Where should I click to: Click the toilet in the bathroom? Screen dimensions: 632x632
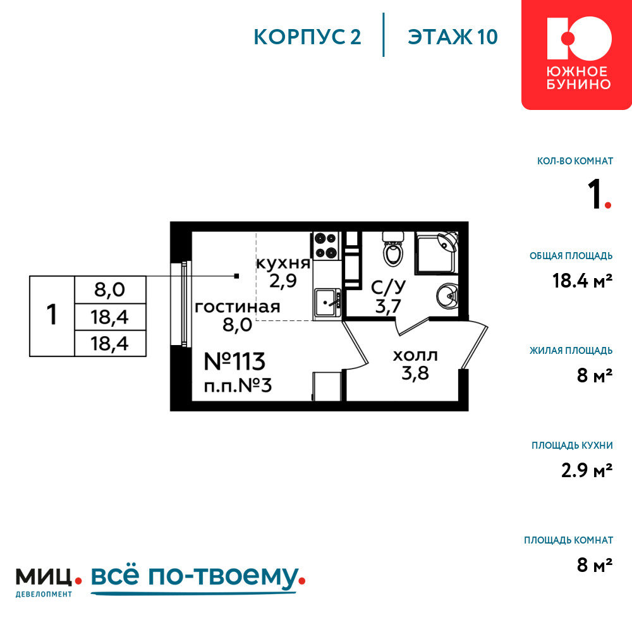pyautogui.click(x=393, y=249)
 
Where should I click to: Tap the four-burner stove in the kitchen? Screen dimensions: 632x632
pyautogui.click(x=326, y=245)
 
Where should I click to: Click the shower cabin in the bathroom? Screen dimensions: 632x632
pyautogui.click(x=437, y=253)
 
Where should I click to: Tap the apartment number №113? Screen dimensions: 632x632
pyautogui.click(x=234, y=362)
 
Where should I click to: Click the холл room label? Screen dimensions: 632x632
pyautogui.click(x=415, y=356)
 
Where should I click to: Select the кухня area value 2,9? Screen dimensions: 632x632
pyautogui.click(x=283, y=281)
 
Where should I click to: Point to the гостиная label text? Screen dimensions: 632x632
pyautogui.click(x=238, y=307)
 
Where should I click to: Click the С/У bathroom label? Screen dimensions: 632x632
pyautogui.click(x=388, y=287)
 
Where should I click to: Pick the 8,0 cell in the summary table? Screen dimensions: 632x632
pyautogui.click(x=110, y=290)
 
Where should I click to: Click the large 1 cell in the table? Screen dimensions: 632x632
pyautogui.click(x=52, y=316)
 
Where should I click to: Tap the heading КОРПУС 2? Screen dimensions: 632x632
pyautogui.click(x=307, y=37)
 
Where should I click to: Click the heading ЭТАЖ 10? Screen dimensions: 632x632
pyautogui.click(x=453, y=37)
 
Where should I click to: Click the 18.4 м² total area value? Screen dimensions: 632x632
pyautogui.click(x=583, y=281)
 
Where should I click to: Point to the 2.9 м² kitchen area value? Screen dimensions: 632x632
pyautogui.click(x=587, y=470)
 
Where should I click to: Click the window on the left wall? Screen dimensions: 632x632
pyautogui.click(x=180, y=304)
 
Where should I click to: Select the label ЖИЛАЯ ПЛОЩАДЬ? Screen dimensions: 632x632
pyautogui.click(x=571, y=351)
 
